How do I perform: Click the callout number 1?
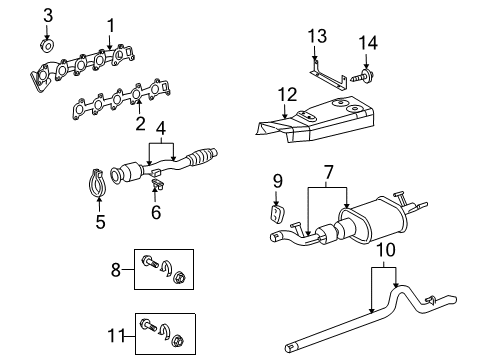pos(110,25)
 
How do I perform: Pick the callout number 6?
pos(156,212)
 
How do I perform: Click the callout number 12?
pos(288,94)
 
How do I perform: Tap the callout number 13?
pos(318,36)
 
